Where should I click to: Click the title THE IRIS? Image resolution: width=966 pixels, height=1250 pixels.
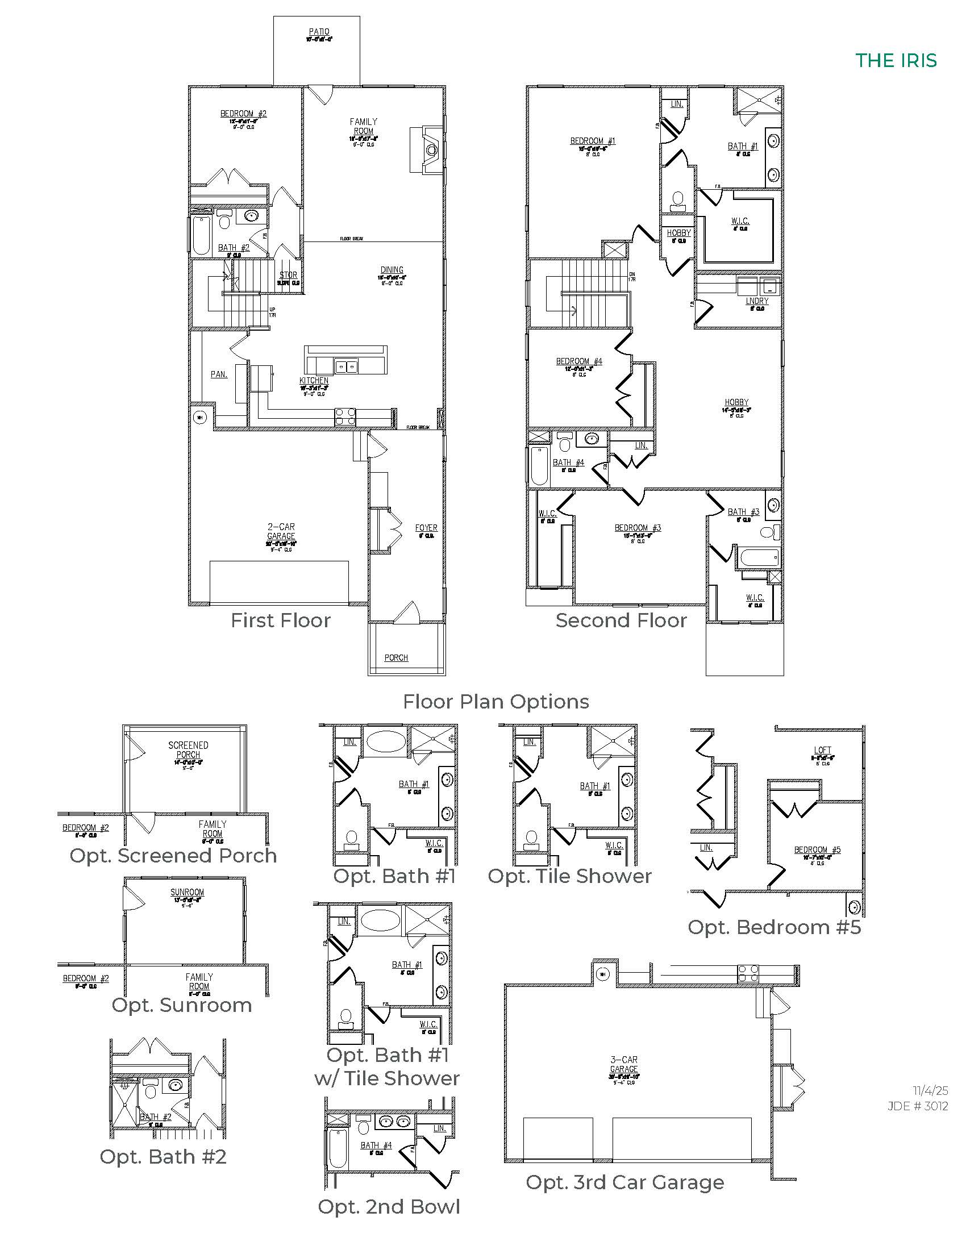click(896, 61)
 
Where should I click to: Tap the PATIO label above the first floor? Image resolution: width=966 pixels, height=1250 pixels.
click(319, 32)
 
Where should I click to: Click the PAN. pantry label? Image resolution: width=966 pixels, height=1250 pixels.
click(219, 374)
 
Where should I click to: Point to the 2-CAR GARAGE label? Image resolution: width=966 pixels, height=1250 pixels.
click(281, 532)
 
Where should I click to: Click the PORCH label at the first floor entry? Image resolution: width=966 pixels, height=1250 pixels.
click(396, 657)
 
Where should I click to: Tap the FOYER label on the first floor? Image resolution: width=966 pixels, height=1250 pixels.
click(426, 528)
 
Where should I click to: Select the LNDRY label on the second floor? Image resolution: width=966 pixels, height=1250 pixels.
click(756, 301)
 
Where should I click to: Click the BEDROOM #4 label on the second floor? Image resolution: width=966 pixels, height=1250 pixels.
click(578, 361)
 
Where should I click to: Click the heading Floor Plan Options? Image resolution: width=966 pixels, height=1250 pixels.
click(496, 702)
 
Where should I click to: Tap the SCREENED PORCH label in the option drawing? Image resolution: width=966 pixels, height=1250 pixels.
click(188, 750)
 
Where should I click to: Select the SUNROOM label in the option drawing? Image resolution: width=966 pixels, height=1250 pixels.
click(187, 892)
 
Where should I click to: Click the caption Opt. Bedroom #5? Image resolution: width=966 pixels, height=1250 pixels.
click(774, 927)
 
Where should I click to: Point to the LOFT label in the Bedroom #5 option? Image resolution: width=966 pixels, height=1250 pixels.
click(822, 750)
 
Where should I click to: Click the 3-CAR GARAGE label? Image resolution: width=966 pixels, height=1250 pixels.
click(624, 1065)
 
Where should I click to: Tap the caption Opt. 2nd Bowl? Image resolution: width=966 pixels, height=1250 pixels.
click(389, 1206)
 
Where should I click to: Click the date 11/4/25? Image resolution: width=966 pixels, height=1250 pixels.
click(930, 1091)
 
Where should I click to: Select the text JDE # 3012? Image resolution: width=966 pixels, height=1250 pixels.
click(917, 1106)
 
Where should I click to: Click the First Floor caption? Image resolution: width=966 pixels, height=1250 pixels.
click(280, 620)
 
